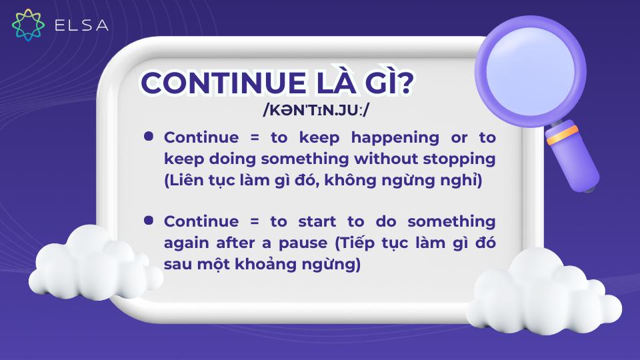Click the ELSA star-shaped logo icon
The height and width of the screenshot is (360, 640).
point(28,25)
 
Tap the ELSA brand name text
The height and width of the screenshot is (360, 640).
point(81,25)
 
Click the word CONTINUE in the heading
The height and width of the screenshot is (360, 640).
point(224,83)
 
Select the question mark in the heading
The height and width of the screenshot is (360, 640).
point(404,83)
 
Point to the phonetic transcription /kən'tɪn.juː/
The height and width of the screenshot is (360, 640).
point(315,110)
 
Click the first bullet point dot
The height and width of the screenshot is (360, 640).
point(149,136)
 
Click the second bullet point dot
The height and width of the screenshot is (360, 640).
point(149,221)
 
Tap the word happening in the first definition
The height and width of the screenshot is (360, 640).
point(395,139)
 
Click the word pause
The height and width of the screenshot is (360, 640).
point(303,244)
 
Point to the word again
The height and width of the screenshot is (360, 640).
point(186,244)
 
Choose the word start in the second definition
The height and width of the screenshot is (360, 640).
point(317,221)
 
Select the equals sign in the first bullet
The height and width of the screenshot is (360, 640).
point(255,138)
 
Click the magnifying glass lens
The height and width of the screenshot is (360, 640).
point(530,71)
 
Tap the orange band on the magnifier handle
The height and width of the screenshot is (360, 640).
point(563,135)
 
